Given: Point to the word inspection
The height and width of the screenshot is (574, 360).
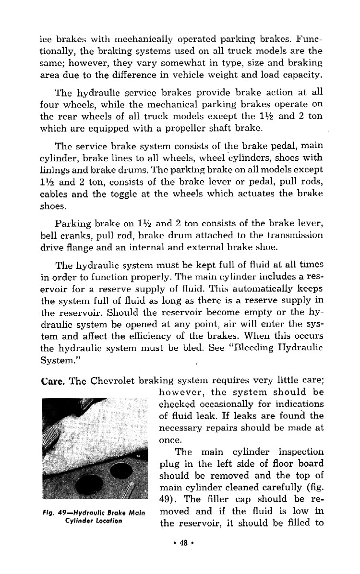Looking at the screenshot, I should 300,452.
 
